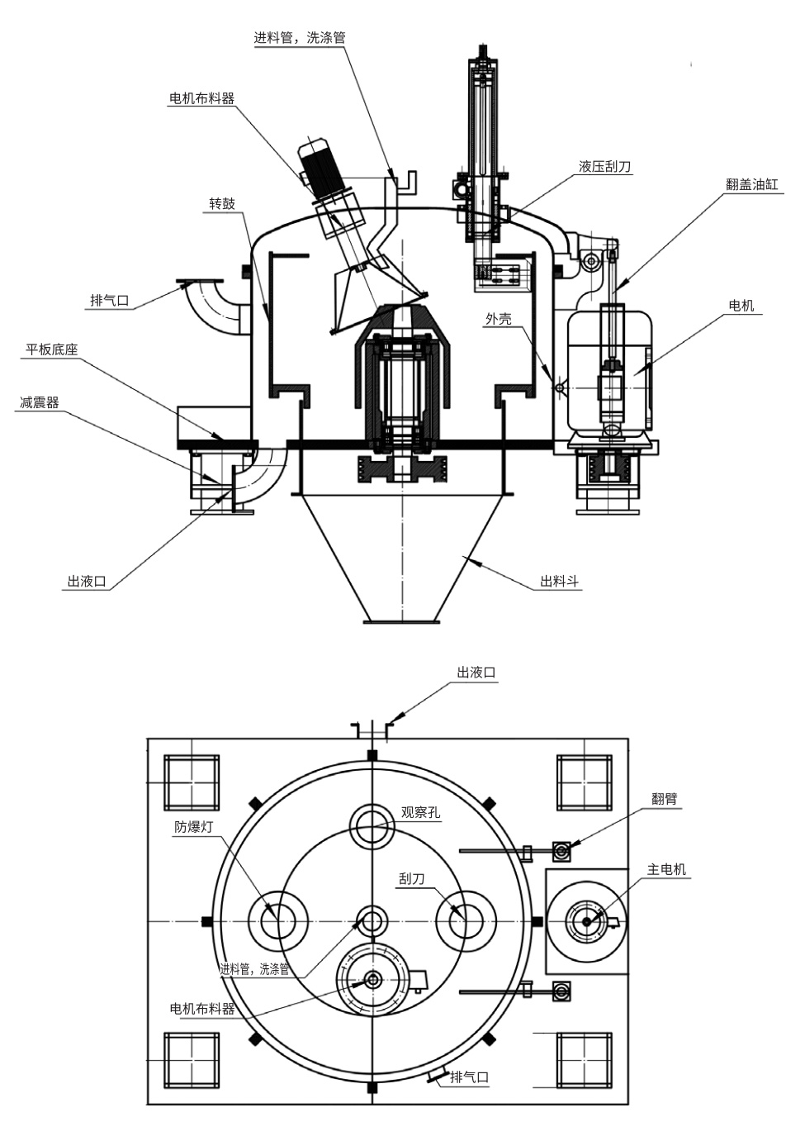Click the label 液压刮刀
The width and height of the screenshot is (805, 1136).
605,167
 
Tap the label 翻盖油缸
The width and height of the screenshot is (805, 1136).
751,185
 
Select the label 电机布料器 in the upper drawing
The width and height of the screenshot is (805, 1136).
201,98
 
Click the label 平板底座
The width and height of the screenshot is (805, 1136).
52,349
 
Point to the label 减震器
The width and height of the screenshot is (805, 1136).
40,403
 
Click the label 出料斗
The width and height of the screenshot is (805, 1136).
559,582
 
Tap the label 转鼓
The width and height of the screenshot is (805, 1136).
222,203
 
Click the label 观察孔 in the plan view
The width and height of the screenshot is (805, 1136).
420,812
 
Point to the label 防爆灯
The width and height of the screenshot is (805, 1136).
194,826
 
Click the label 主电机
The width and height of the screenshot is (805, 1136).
666,869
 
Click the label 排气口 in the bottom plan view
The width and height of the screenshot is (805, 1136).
469,1077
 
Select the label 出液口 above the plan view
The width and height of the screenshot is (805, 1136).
476,673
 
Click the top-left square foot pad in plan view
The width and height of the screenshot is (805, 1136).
192,782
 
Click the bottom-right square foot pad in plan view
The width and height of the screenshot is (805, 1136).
585,1059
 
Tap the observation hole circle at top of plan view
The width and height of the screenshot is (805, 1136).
372,825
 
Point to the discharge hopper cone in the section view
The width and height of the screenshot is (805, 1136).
401,554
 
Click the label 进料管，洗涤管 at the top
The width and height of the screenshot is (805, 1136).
299,37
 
